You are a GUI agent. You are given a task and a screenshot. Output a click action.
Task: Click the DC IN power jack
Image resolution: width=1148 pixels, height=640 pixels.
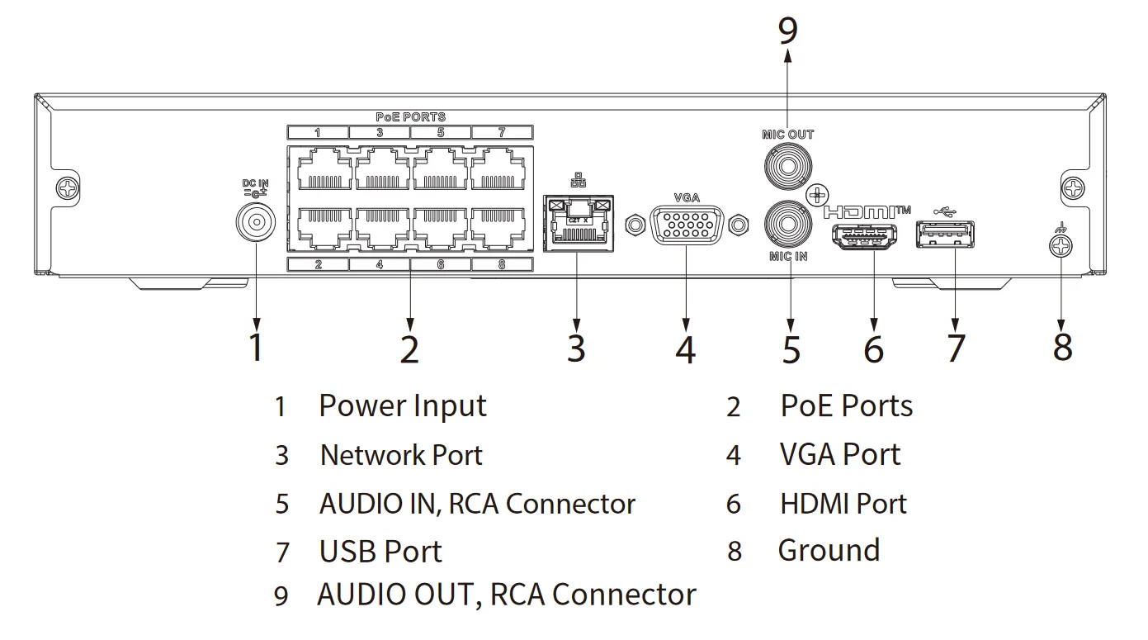[x=255, y=221]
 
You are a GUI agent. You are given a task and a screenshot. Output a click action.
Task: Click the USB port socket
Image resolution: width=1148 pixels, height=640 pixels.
[x=944, y=235]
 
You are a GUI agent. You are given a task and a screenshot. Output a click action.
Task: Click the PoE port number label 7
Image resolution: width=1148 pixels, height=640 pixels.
[x=502, y=132]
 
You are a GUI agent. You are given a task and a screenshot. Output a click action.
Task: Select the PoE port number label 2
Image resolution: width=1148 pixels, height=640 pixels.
[x=318, y=265]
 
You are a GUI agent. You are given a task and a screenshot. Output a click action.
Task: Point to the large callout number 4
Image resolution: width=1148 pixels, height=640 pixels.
[x=686, y=348]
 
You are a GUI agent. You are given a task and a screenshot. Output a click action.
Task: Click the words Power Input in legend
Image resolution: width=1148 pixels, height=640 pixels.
[x=403, y=406]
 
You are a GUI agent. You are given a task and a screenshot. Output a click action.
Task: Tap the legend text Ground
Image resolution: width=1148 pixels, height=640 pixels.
[x=829, y=550]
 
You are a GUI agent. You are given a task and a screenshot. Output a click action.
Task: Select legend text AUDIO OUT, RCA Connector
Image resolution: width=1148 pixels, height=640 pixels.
[x=507, y=595]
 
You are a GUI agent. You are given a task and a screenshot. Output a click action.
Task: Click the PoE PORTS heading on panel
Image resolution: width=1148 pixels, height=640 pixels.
[x=410, y=117]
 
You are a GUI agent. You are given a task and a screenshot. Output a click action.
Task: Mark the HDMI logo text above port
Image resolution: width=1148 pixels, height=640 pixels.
[x=867, y=211]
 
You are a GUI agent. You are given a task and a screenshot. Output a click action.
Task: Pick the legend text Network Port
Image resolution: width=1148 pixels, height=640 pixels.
[x=401, y=455]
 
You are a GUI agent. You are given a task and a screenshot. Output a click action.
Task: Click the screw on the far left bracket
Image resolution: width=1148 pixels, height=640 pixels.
[x=69, y=189]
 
